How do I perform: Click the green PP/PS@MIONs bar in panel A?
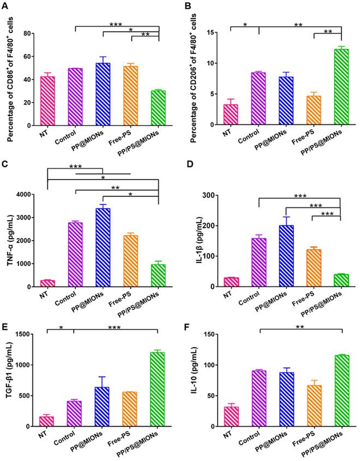click(158, 108)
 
